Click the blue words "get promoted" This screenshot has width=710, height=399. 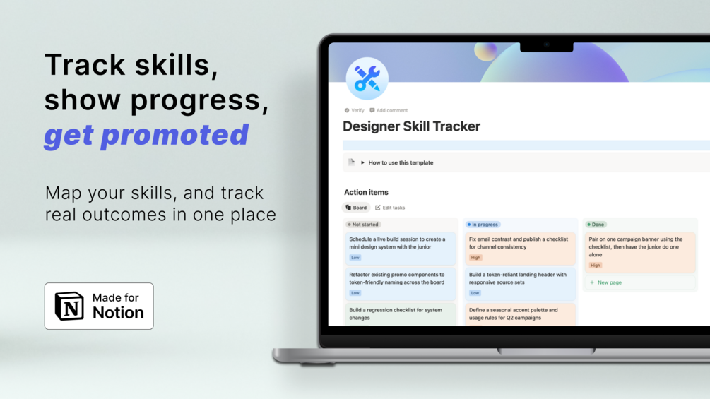(146, 136)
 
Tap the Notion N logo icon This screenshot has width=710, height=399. (69, 306)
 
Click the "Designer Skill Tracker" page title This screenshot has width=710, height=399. (411, 126)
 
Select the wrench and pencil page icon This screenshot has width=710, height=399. (367, 78)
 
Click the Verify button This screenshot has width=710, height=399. (354, 110)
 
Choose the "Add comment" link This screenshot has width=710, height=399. (389, 110)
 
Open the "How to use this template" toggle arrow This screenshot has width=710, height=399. (362, 162)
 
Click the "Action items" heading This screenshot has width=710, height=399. (366, 192)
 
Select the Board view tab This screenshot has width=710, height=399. (356, 208)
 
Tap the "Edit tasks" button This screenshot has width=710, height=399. (390, 208)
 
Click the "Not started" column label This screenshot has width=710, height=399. (363, 225)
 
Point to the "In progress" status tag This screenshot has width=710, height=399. (483, 225)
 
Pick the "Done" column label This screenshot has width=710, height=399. (596, 225)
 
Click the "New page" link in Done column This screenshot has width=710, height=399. (606, 282)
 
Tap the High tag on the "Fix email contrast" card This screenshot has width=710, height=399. (475, 258)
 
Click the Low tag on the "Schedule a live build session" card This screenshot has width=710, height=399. (355, 258)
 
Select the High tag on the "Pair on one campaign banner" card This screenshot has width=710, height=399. (596, 266)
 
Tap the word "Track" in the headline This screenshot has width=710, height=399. (85, 65)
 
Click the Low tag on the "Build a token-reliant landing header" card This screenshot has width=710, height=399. (475, 293)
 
